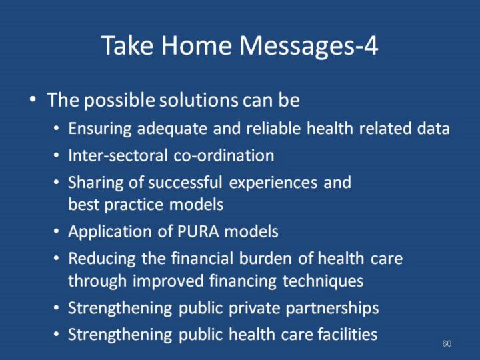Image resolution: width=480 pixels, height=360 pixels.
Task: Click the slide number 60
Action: pos(447,343)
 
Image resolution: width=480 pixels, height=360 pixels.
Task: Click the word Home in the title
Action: pos(196,45)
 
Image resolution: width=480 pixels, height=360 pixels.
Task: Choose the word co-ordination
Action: pos(224,155)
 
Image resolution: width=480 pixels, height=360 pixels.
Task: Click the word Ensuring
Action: pos(100,129)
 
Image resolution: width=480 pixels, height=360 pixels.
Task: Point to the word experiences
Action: pos(273,183)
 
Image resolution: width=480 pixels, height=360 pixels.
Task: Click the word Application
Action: pos(110,232)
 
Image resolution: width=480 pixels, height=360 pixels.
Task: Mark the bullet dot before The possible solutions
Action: pos(33,100)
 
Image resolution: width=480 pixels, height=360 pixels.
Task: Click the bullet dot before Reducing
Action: pos(56,259)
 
